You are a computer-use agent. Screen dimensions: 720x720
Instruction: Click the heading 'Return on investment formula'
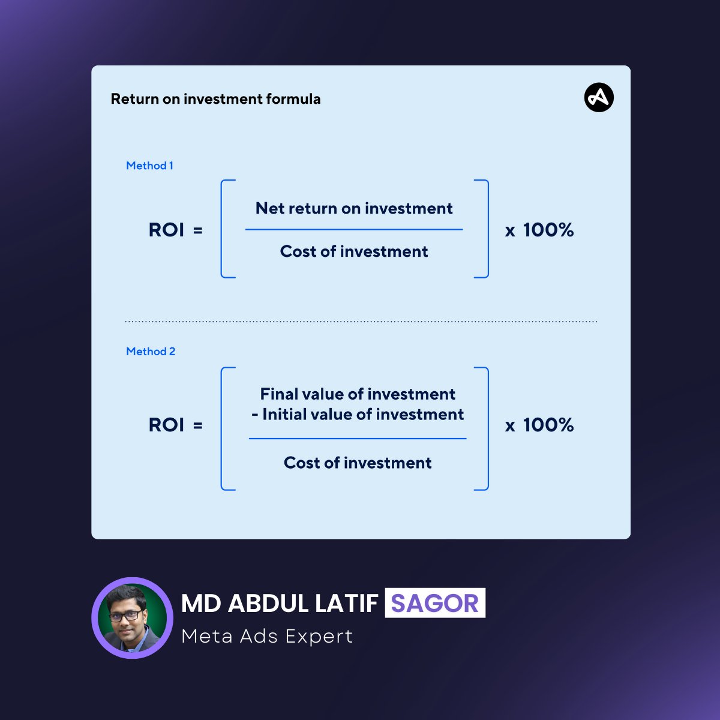[x=215, y=99]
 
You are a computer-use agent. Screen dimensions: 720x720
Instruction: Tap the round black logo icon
[x=599, y=98]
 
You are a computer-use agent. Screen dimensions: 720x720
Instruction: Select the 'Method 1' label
[x=149, y=166]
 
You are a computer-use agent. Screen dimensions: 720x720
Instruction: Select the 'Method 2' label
[x=151, y=352]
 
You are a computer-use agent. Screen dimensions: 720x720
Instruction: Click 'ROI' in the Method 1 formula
[x=166, y=230]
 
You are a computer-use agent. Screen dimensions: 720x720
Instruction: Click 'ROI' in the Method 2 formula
[x=166, y=425]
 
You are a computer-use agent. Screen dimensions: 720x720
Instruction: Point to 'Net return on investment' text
[x=354, y=208]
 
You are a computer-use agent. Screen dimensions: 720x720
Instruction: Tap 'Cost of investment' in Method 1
[x=354, y=251]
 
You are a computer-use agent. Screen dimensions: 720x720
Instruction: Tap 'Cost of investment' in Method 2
[x=358, y=463]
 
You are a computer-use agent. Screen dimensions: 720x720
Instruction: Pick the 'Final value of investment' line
[x=358, y=394]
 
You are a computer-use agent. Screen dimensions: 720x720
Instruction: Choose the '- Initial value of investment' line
[x=358, y=415]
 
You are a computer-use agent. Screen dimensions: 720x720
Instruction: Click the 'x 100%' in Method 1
[x=539, y=230]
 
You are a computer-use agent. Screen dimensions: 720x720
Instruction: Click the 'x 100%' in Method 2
[x=539, y=425]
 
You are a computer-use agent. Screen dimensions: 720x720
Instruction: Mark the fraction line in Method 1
[x=354, y=229]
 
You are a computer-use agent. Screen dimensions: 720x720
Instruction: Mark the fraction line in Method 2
[x=358, y=439]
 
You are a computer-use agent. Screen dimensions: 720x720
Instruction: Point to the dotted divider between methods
[x=361, y=322]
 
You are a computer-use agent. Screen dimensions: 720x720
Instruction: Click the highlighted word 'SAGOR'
[x=435, y=603]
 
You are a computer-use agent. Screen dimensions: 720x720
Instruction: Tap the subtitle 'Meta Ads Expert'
[x=267, y=636]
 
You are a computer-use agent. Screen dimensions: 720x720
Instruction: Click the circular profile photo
[x=132, y=618]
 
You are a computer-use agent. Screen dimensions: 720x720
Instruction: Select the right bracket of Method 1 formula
[x=486, y=229]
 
